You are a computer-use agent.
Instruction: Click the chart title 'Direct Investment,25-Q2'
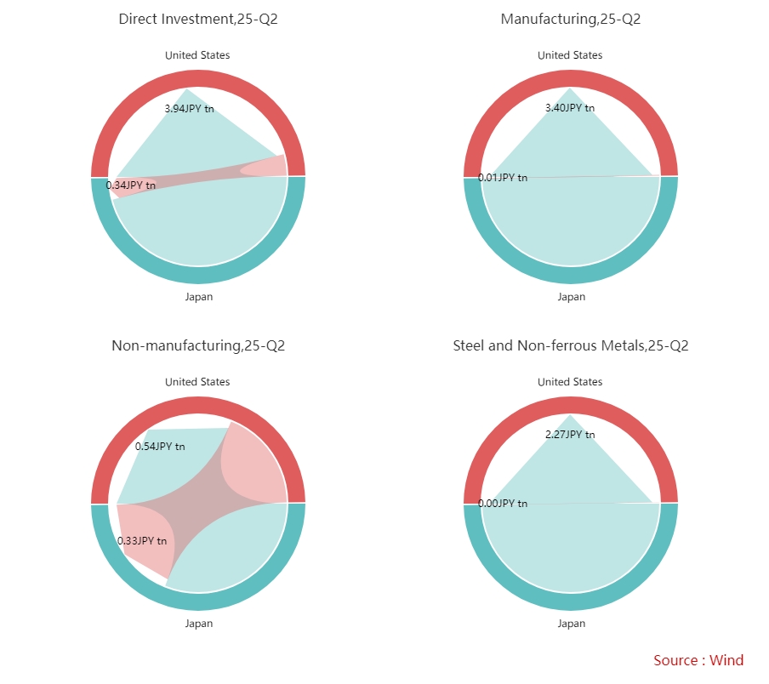point(197,19)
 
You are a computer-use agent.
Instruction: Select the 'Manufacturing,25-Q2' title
point(570,19)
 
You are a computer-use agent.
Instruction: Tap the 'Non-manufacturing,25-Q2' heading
point(197,345)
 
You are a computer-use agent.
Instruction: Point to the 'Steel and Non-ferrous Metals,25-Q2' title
point(570,345)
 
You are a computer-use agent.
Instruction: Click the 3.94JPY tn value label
point(189,108)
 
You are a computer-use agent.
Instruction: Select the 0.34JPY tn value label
point(131,185)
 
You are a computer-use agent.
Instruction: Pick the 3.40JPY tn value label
point(570,108)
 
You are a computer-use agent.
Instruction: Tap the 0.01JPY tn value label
point(503,177)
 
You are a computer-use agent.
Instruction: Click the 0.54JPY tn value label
point(160,446)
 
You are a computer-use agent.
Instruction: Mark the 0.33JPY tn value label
point(142,540)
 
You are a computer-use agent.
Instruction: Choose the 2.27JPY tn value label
point(570,435)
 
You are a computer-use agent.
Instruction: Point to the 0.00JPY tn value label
point(503,504)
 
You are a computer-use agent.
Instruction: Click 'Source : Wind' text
point(698,660)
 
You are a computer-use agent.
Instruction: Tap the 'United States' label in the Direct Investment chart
point(197,55)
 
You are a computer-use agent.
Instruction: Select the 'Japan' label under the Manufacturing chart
point(572,297)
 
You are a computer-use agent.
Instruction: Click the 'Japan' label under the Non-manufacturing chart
point(199,624)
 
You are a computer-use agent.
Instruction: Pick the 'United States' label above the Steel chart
point(570,382)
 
